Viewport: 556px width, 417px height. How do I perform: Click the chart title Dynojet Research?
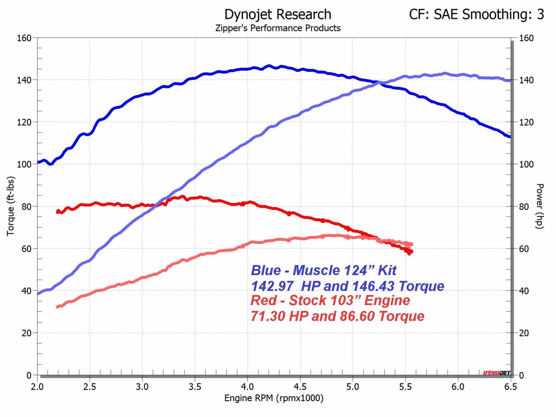278,14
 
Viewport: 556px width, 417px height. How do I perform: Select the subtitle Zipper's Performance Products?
278,28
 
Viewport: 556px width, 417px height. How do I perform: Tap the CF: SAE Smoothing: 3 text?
476,14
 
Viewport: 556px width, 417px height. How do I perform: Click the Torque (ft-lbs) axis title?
10,206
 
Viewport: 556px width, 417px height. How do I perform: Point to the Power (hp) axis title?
539,206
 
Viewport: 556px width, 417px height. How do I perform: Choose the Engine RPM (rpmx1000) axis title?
274,398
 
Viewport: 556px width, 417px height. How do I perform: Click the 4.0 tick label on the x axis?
248,387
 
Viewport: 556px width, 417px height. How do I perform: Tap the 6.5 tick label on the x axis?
510,387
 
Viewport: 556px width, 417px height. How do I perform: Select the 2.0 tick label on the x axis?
37,387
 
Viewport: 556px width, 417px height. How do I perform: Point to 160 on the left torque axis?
24,38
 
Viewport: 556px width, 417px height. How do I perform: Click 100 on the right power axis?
526,164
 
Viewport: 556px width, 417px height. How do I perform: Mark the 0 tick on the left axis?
29,375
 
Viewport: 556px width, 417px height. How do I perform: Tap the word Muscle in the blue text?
316,270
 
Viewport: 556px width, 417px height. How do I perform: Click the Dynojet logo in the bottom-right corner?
496,373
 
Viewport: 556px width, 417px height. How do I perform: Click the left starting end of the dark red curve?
58,211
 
